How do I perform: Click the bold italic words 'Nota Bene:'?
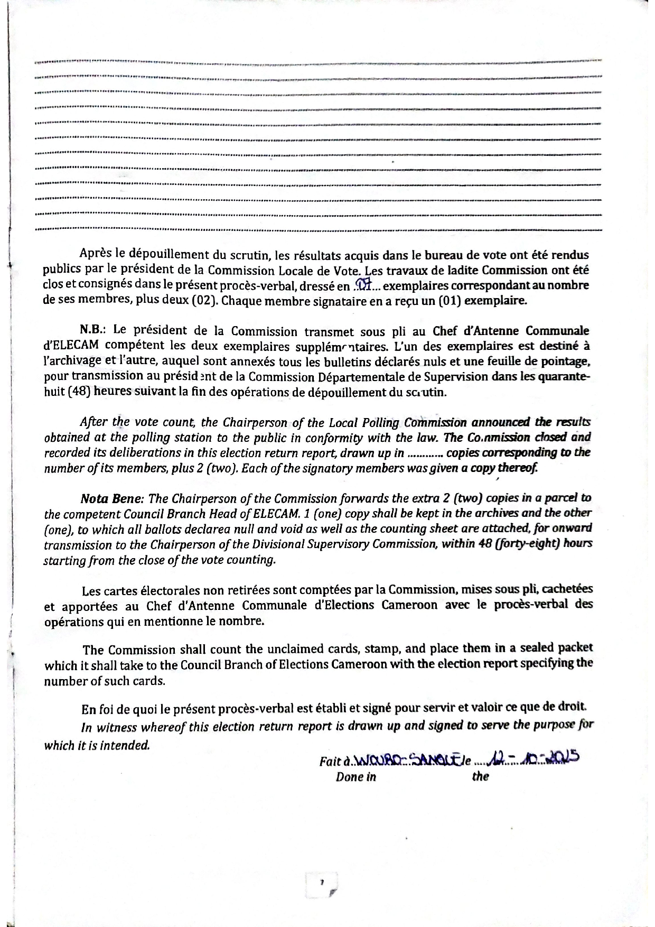click(x=112, y=498)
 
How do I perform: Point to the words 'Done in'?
click(x=356, y=777)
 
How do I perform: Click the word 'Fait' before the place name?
click(x=331, y=762)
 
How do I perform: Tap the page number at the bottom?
click(x=321, y=882)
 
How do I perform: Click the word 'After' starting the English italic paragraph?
click(x=93, y=422)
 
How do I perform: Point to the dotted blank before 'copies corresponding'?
click(x=425, y=453)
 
